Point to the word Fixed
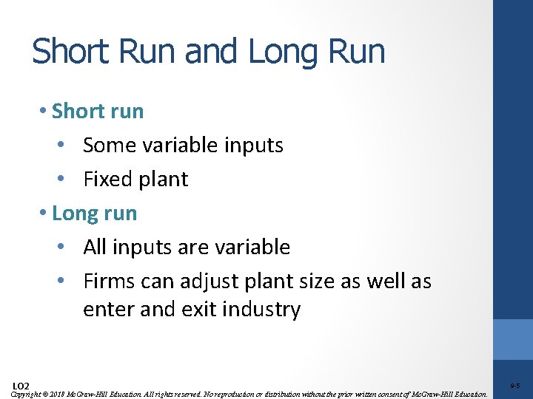pos(107,180)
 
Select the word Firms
pos(108,282)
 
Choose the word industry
pos(264,309)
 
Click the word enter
pos(110,309)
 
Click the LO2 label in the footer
pos(21,386)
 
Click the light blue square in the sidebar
pos(513,339)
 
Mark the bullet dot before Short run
pos(45,112)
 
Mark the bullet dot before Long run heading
pos(45,214)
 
